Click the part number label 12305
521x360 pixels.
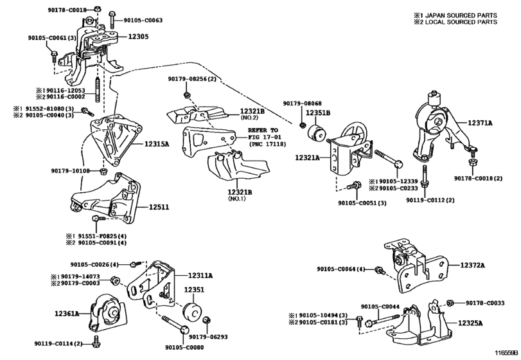coord(138,37)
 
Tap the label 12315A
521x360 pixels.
coord(157,144)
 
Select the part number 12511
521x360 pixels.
coord(159,207)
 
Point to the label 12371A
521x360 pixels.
coord(480,123)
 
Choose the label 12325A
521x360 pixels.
coord(470,323)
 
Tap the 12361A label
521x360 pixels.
coord(67,313)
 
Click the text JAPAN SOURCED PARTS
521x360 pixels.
coord(461,15)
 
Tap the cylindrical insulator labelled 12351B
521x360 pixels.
coord(317,134)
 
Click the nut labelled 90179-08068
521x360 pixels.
coord(303,125)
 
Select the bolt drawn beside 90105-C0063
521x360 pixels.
coord(112,19)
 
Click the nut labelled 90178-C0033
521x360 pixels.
coord(450,303)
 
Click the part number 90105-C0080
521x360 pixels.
coord(184,347)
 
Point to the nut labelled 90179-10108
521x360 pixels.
coord(103,171)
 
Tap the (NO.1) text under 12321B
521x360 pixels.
coord(236,199)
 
